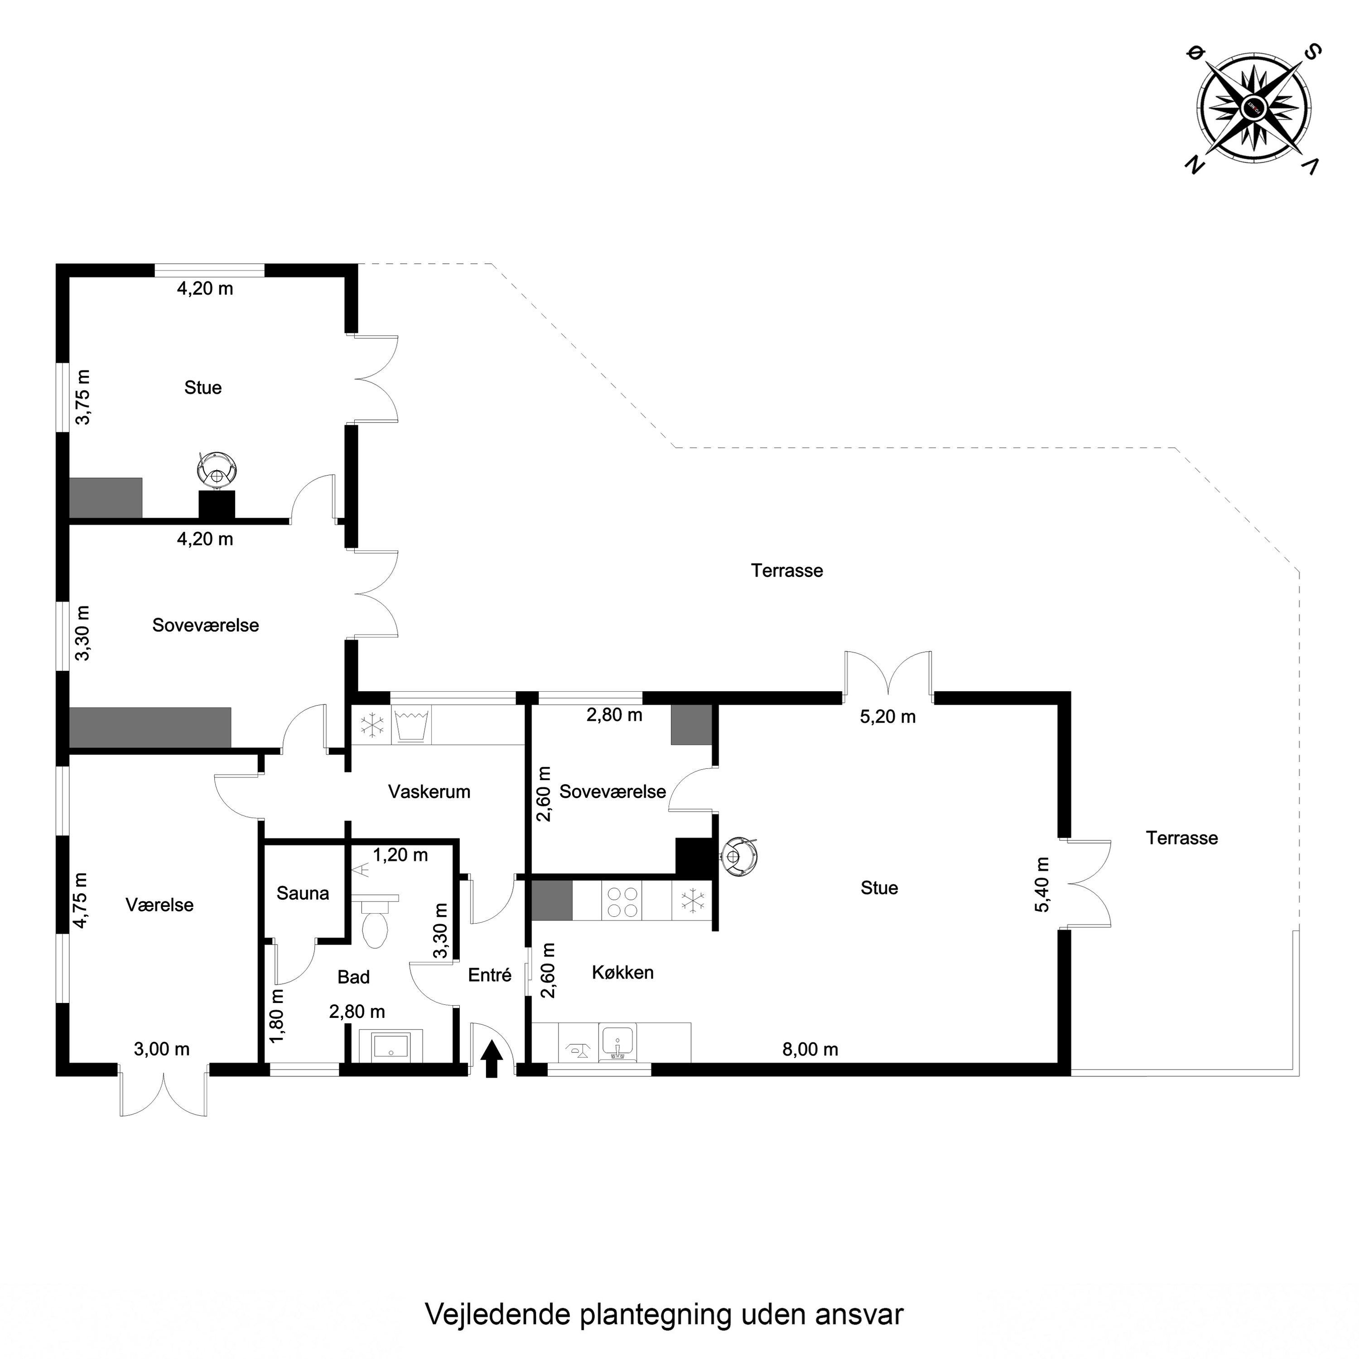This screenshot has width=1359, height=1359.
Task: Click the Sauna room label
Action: pos(303,893)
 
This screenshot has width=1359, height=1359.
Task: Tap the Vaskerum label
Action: pos(429,791)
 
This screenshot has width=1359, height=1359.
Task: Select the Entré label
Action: pos(490,975)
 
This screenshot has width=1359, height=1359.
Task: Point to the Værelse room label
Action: pos(159,905)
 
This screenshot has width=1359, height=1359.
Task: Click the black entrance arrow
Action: pos(492,1059)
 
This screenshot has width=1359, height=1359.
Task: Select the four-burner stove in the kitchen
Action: pos(622,902)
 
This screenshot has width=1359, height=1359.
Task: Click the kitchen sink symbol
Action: pos(617,1042)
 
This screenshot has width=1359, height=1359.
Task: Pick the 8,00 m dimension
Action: pos(810,1050)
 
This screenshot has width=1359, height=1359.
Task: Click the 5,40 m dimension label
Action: pos(1042,884)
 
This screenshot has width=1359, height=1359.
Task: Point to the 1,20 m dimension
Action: pos(400,855)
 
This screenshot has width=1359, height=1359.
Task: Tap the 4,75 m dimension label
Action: pos(82,901)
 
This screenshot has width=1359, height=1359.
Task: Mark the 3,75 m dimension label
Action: pos(83,397)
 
